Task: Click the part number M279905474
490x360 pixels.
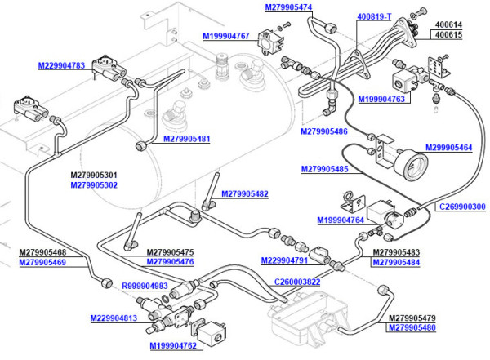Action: [288, 7]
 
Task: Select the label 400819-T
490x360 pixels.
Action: [374, 16]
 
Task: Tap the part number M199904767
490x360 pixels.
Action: [226, 36]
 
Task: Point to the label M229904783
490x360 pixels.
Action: [61, 65]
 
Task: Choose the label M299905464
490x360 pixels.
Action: [448, 148]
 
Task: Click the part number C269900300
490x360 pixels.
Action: [462, 207]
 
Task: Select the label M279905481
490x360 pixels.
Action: [186, 139]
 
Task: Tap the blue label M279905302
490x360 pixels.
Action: [94, 185]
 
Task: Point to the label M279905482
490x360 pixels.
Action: [245, 194]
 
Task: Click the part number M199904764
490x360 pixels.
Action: [341, 220]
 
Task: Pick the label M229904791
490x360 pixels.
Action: [284, 260]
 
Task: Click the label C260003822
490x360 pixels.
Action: [297, 282]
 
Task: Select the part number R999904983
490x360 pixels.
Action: [145, 286]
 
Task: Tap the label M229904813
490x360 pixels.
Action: [114, 318]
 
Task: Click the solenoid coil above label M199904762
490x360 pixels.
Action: [212, 333]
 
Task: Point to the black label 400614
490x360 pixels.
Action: [448, 24]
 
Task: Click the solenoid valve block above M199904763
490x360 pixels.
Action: [403, 81]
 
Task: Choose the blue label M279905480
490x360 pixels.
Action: [412, 328]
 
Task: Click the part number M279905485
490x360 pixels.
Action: [325, 169]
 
